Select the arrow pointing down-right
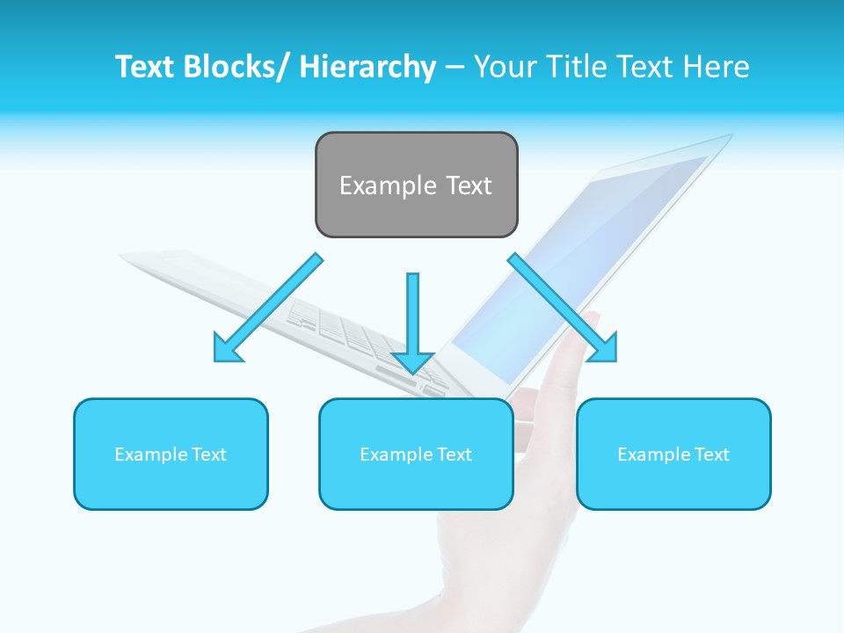pos(563,308)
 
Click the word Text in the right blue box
pos(711,455)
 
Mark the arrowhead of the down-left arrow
pos(227,349)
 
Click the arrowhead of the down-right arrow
pos(604,348)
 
